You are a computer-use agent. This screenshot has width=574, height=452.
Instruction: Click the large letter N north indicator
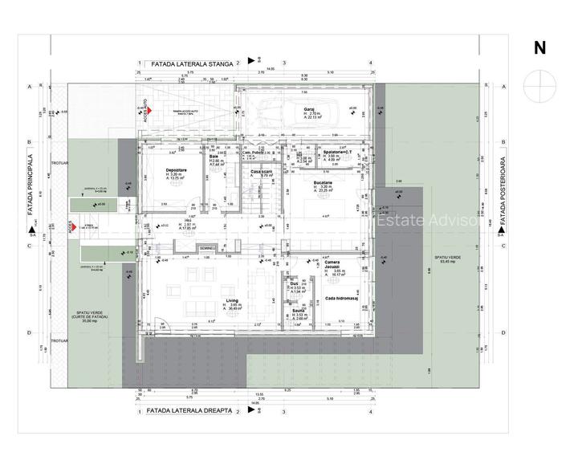539,48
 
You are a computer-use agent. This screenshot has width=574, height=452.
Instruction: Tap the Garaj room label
307,110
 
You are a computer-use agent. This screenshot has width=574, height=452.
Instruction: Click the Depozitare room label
177,170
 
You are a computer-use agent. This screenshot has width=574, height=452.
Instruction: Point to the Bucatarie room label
323,183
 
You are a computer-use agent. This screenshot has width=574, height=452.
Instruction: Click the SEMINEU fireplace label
210,247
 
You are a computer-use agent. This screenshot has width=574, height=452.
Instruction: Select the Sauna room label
298,309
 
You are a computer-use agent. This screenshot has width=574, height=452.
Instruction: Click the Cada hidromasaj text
341,298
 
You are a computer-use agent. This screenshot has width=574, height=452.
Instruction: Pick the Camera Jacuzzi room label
332,266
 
